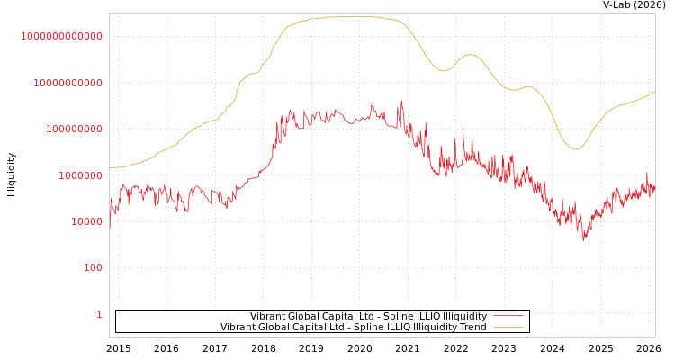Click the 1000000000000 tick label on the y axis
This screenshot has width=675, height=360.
click(62, 36)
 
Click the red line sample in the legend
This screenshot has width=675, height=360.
click(508, 316)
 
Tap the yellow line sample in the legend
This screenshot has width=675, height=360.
click(508, 327)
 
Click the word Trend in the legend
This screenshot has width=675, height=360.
click(473, 327)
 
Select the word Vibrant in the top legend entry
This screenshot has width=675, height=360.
click(268, 316)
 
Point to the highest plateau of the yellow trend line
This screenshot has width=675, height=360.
click(351, 16)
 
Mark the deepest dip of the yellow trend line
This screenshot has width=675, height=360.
click(575, 149)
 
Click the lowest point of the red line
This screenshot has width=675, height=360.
click(583, 241)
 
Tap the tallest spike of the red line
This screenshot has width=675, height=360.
click(401, 101)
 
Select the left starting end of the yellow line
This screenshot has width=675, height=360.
click(110, 167)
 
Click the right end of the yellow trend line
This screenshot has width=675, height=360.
click(654, 92)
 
